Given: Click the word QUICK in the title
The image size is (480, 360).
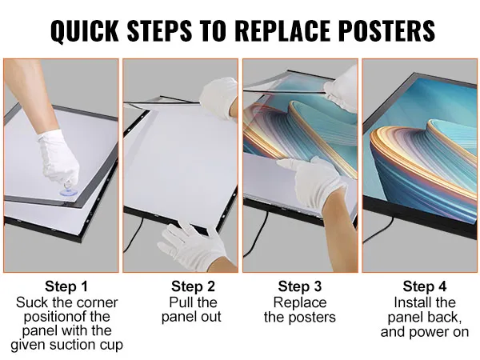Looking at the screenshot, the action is [x=85, y=31].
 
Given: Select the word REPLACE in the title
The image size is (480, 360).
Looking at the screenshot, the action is [x=285, y=30].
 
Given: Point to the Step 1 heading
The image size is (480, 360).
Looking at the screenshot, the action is [x=66, y=286].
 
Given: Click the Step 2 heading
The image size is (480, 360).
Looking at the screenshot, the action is [x=193, y=286].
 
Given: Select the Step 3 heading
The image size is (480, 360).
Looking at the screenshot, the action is [x=300, y=286].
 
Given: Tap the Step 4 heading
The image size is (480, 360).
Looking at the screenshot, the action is [x=425, y=286].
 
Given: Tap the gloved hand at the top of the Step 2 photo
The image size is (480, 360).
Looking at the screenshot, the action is [x=219, y=97].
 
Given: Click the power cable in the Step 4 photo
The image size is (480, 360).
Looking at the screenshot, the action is [x=378, y=230].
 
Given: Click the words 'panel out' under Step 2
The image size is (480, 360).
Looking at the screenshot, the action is [x=191, y=317].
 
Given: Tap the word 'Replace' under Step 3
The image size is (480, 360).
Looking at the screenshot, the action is [x=300, y=302].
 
